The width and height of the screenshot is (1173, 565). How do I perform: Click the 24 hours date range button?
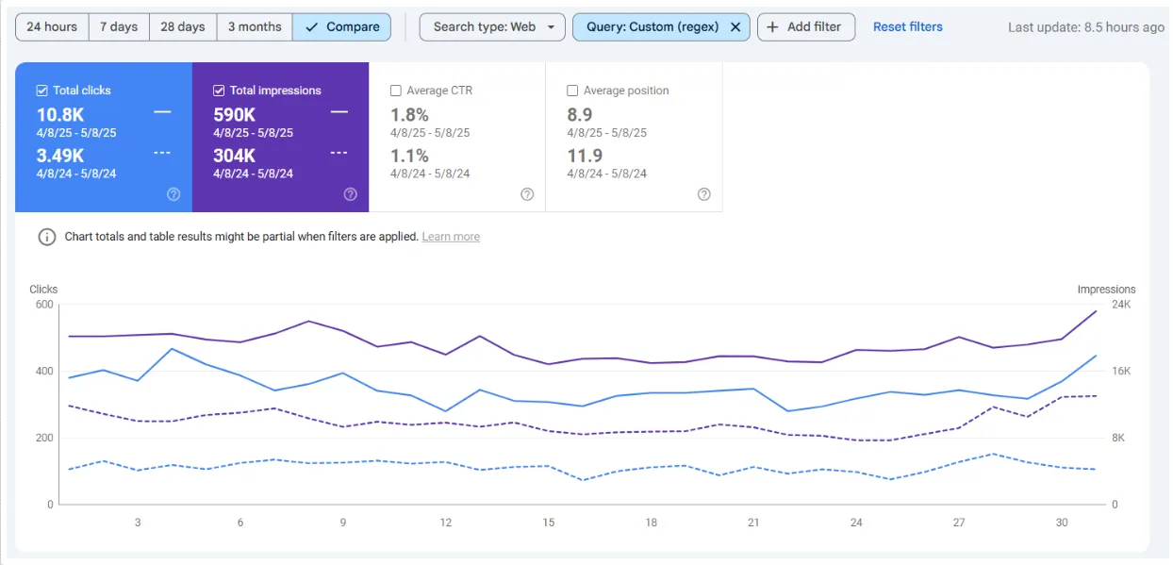pos(52,26)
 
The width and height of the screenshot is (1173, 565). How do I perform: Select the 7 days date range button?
pos(119,26)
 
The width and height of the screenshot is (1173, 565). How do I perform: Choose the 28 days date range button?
pos(182,26)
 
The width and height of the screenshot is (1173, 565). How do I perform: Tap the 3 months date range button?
pos(254,26)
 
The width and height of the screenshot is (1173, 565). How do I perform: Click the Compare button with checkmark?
pos(341,26)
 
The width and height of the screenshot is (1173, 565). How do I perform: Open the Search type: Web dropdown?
pos(492,26)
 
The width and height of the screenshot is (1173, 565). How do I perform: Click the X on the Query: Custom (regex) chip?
pos(735,26)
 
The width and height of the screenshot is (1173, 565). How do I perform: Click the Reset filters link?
pos(907,26)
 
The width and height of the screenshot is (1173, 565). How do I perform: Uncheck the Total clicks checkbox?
pos(41,91)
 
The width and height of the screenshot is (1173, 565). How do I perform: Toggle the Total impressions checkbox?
pos(219,91)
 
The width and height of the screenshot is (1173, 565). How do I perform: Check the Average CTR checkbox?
pos(396,91)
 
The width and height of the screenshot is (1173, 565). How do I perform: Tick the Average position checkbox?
pos(572,91)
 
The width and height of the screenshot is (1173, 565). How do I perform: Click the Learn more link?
pos(451,237)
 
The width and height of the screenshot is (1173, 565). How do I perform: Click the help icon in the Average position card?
pos(703,194)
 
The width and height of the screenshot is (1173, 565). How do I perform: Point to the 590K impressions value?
pos(234,115)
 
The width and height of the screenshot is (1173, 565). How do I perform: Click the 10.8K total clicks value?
pos(60,115)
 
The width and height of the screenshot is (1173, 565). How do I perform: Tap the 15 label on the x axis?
pos(548,523)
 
